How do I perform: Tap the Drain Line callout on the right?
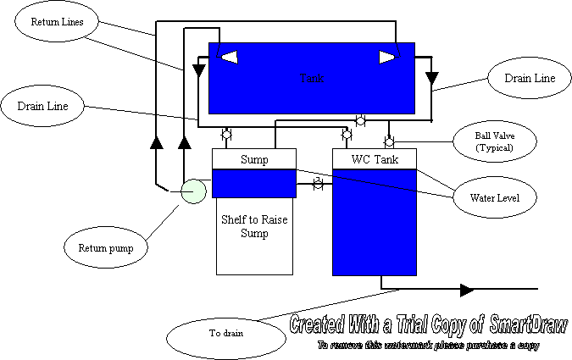pos(530,79)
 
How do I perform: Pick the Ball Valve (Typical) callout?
pos(495,141)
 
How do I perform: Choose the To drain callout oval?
pos(226,333)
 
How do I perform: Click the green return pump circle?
pos(193,191)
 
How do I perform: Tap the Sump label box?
pos(254,159)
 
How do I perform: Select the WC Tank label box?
pos(375,159)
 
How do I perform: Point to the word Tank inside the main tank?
pos(312,78)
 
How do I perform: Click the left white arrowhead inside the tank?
pos(230,57)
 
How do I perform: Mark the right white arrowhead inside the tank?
pos(386,57)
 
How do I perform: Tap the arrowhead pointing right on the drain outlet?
pos(466,290)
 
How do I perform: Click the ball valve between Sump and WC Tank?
pos(318,183)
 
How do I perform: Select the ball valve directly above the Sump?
pos(227,135)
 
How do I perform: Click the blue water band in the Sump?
pos(254,182)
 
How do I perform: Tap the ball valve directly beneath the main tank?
pos(360,120)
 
